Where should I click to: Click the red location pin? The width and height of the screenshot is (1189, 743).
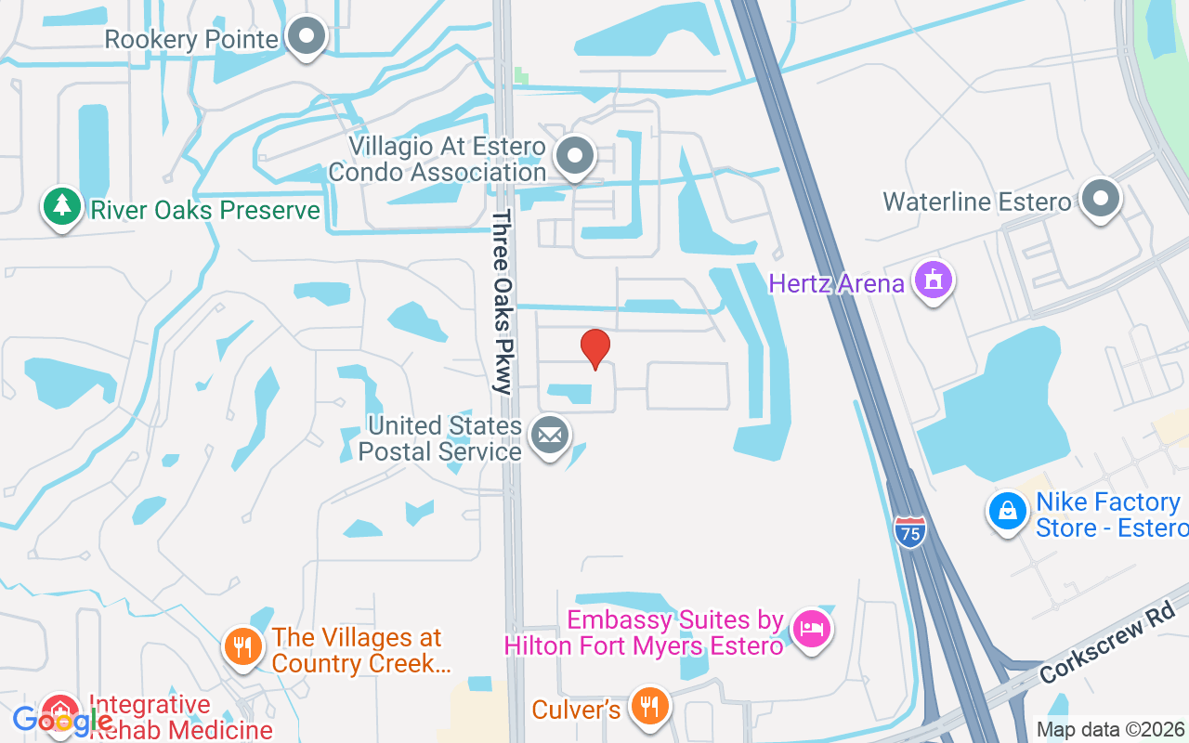[x=595, y=348]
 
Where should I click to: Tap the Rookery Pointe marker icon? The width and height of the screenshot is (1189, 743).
[x=306, y=37]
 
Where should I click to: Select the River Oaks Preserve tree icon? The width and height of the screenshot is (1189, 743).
[x=61, y=207]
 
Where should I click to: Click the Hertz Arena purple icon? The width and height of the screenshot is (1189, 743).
[x=934, y=280]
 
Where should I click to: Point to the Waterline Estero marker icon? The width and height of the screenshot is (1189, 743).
[x=1102, y=199]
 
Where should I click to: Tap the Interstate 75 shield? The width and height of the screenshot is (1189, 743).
[x=910, y=532]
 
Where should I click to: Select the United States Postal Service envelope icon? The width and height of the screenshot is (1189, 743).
[x=550, y=435]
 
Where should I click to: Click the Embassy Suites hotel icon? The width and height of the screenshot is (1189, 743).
[x=812, y=630]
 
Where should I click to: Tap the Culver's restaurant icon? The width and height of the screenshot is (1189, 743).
[x=650, y=707]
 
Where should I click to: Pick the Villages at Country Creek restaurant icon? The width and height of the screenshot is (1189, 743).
[x=243, y=647]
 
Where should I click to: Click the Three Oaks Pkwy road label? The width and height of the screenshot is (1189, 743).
[x=503, y=302]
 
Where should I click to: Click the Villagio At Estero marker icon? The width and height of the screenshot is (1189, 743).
[x=575, y=156]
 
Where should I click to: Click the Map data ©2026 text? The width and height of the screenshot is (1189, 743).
[x=1110, y=729]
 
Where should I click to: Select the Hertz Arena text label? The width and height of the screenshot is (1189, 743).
[x=836, y=283]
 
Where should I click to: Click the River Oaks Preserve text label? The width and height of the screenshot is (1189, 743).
[x=204, y=210]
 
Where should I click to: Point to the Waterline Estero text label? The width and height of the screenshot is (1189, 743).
[x=977, y=202]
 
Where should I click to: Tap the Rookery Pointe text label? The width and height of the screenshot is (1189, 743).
[x=191, y=40]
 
